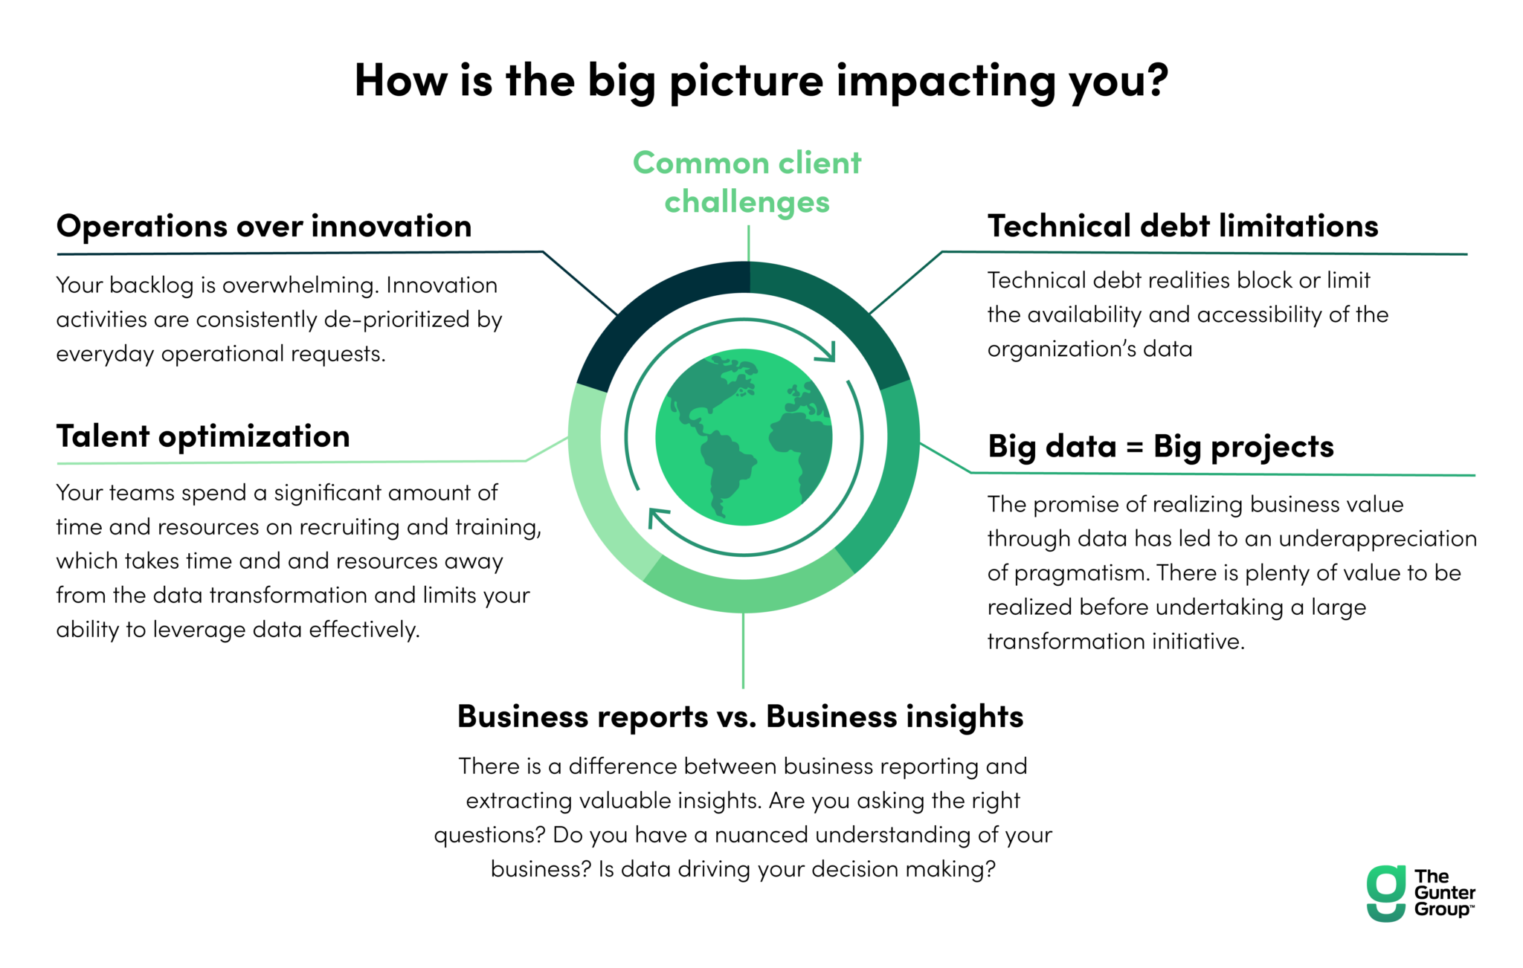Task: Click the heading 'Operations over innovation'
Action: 264,226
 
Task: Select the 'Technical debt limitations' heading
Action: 1182,226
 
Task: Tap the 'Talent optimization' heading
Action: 203,436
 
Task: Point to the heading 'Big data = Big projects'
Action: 1161,447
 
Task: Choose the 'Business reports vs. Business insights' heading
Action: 740,717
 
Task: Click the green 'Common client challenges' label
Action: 747,182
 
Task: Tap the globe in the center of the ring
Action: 744,437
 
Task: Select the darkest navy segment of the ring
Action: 654,312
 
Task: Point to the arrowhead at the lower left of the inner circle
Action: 657,517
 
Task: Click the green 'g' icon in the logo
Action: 1386,893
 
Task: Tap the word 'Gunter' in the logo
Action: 1444,893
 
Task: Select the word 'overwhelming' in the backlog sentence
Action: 302,285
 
